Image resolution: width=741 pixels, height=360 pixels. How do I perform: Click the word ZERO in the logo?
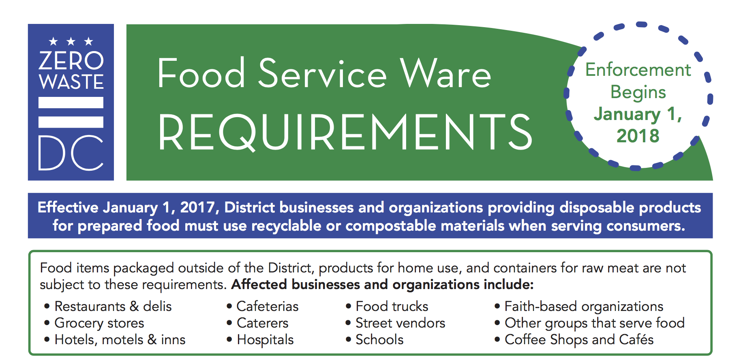71,60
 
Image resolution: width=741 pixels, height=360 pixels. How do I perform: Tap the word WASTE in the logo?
71,81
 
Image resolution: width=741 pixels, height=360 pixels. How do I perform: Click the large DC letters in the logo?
71,153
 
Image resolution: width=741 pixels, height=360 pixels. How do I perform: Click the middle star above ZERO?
71,41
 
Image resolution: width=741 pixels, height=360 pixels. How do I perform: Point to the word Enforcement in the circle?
638,70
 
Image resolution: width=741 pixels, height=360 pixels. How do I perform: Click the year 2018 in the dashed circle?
638,136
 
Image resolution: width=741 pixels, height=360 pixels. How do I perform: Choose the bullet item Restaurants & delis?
113,306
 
